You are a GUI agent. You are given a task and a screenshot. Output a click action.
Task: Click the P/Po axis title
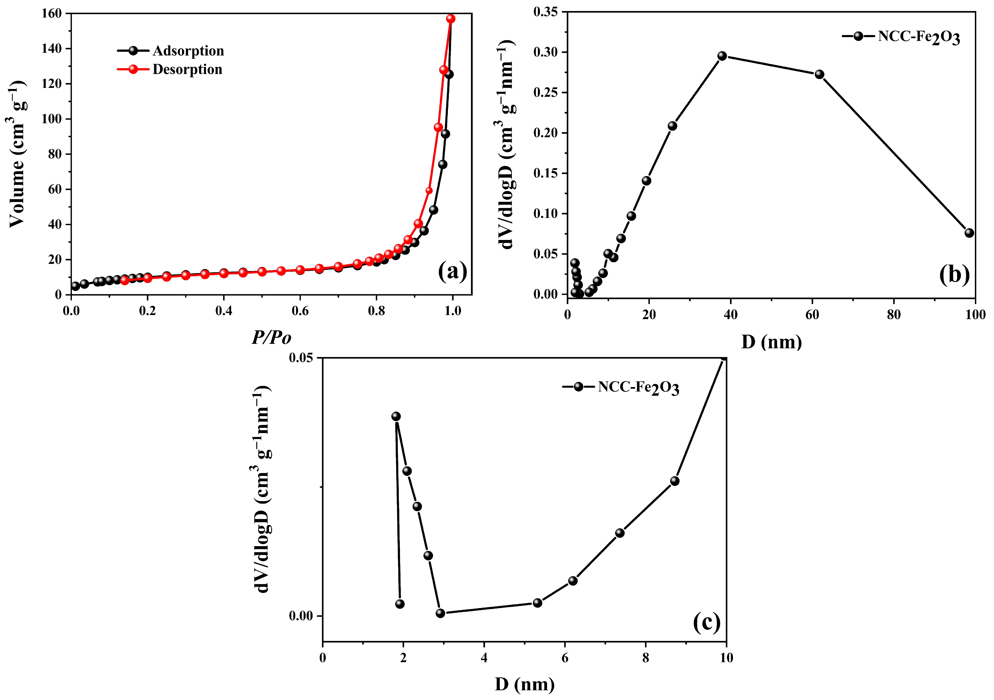click(271, 338)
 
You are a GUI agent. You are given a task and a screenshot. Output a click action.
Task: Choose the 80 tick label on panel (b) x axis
click(894, 315)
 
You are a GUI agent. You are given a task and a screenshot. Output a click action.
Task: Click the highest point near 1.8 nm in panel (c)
click(396, 416)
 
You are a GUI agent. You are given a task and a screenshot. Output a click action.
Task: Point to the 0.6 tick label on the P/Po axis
click(300, 311)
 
